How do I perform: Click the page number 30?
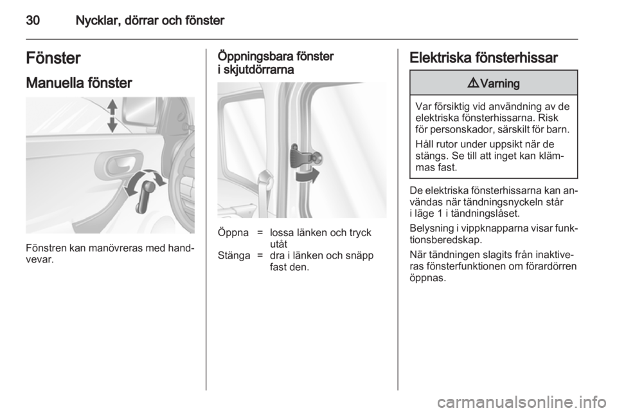coord(33,20)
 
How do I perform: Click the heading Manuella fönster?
coord(79,83)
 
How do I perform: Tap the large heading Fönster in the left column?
coord(53,58)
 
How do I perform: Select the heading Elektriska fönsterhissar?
coord(483,58)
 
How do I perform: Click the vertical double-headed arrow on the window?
coord(112,116)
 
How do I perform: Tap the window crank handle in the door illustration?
coord(144,195)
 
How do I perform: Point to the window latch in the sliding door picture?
coord(305,157)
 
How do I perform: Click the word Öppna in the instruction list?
coord(233,233)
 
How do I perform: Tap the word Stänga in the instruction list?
coord(234,255)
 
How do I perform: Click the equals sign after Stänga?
coord(260,256)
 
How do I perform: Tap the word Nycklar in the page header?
coord(98,21)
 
